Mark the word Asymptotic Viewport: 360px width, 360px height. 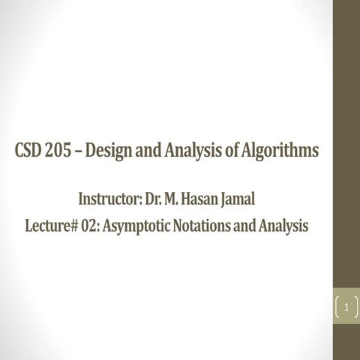pos(145,226)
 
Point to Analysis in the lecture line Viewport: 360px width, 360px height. pos(282,226)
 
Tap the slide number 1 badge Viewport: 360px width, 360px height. pos(346,307)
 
